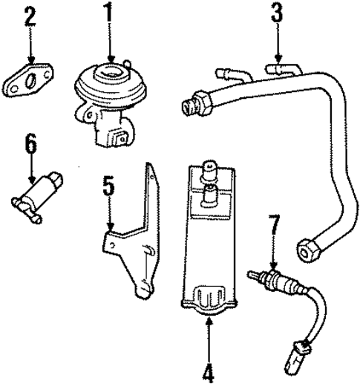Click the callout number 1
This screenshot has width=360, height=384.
coord(109,13)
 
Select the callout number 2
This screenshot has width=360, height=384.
coord(30,16)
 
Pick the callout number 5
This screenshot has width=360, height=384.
coord(108,186)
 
